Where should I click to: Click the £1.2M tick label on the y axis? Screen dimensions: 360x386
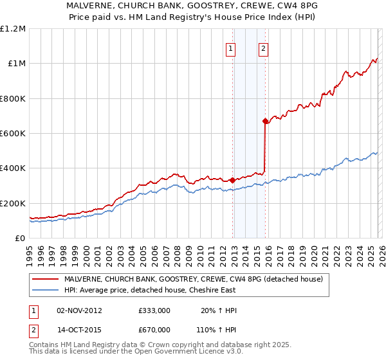coord(13,28)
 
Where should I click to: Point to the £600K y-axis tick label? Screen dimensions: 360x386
coord(13,133)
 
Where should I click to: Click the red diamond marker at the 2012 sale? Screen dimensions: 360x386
coord(232,180)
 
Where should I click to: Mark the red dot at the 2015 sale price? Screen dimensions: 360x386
coord(265,121)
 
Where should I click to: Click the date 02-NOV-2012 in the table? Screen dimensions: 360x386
coord(79,310)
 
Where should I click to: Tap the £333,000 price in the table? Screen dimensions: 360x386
coord(154,310)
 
